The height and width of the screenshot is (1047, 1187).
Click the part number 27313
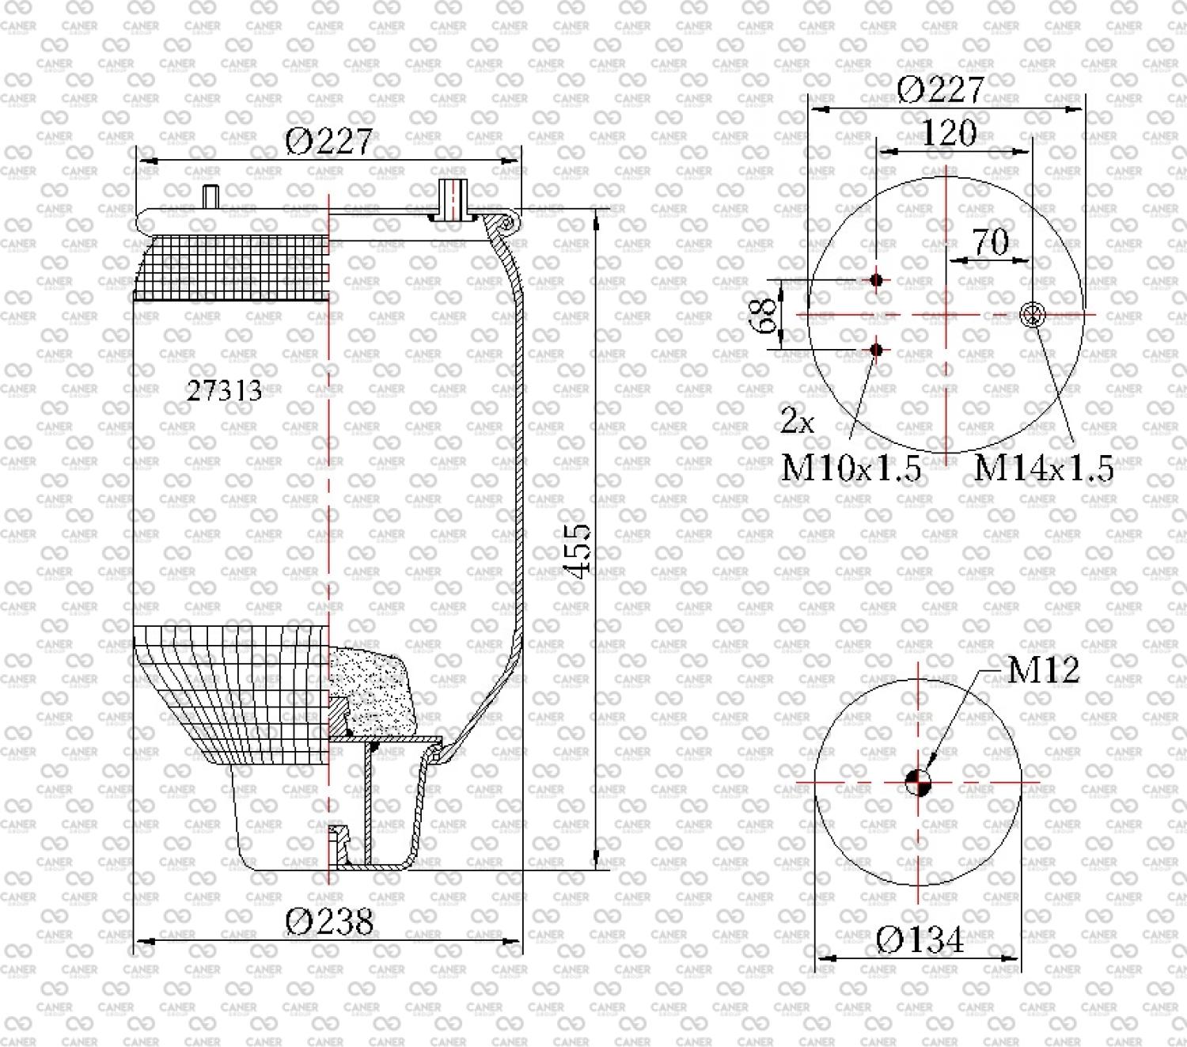point(224,390)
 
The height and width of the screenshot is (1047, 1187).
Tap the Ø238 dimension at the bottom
point(329,921)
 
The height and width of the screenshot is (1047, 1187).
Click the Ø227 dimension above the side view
point(328,141)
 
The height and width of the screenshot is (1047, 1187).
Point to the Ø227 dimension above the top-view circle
point(940,89)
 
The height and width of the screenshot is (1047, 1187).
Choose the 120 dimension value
point(949,133)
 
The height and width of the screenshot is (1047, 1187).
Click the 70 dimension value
point(990,241)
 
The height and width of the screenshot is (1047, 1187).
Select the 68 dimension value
point(768,315)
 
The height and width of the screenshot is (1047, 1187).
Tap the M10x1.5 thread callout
point(851,468)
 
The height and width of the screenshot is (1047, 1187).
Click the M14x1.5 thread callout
point(1044,468)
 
